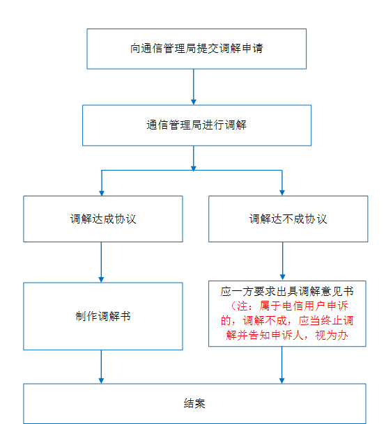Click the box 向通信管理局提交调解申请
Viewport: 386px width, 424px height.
196,49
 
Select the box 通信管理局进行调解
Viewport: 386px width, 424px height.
196,125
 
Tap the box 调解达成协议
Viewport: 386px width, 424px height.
103,219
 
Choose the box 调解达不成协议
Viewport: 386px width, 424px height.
288,219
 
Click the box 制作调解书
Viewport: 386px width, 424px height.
103,316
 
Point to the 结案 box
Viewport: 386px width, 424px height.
194,403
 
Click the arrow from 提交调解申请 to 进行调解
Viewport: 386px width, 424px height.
194,87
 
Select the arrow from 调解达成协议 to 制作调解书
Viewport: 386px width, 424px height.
101,262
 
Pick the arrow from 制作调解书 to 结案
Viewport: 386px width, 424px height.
101,367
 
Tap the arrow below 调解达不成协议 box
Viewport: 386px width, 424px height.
283,261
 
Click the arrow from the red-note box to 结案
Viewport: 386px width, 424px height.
281,365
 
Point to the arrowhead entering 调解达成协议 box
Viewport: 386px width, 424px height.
102,193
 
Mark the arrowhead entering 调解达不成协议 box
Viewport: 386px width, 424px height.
282,193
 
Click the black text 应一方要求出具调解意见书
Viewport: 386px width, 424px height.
287,292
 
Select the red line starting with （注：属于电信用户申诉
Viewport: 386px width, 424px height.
288,306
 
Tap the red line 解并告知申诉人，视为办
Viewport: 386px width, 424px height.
287,336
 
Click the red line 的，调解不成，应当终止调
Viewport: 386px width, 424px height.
287,321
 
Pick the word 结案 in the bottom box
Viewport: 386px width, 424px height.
194,403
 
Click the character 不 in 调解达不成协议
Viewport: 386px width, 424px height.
288,219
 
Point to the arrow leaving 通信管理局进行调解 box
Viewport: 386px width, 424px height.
194,159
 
